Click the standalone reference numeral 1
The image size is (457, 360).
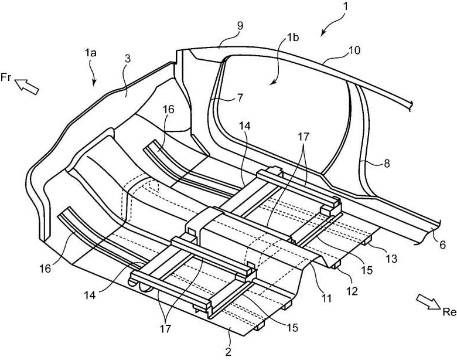point(345,6)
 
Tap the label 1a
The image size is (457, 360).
point(91,53)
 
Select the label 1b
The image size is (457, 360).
point(292,38)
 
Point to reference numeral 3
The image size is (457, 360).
point(127,59)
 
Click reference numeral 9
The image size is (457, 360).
point(240,26)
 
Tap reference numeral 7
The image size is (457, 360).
point(240,98)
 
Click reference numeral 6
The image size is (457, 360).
point(442,244)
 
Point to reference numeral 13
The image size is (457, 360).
point(391,259)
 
